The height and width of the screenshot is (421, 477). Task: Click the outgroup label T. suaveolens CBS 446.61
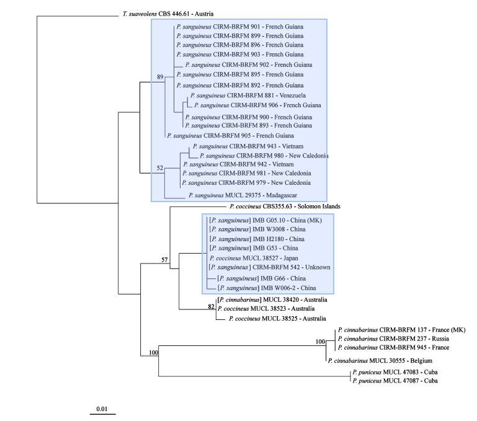click(164, 14)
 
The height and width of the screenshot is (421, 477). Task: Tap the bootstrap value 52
click(160, 168)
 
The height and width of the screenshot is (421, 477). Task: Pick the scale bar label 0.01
click(102, 409)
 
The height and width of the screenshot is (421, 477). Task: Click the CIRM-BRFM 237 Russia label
click(393, 339)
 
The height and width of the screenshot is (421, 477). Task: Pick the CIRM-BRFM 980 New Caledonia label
click(264, 155)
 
